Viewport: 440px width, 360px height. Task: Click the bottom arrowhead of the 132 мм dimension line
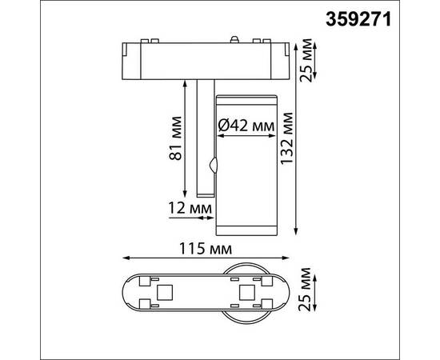(x=298, y=234)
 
